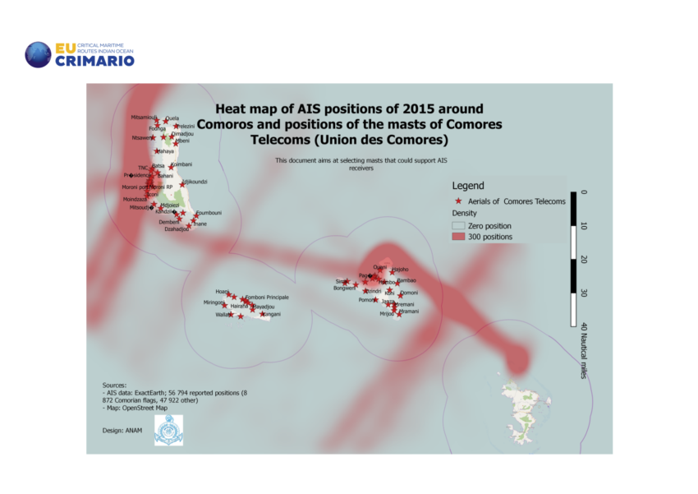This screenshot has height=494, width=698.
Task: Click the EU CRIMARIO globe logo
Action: pyautogui.click(x=38, y=54)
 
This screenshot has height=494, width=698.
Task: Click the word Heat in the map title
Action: pyautogui.click(x=230, y=108)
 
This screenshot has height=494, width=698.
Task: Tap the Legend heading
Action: pyautogui.click(x=468, y=186)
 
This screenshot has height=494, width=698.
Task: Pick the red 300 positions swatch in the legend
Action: pyautogui.click(x=458, y=237)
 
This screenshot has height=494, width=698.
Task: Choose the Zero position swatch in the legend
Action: pyautogui.click(x=458, y=225)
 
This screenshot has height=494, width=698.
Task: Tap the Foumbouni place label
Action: pyautogui.click(x=209, y=213)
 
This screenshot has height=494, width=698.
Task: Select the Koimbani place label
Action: pyautogui.click(x=181, y=164)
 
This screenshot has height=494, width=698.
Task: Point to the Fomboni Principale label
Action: pyautogui.click(x=267, y=297)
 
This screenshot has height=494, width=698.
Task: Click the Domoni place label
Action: pyautogui.click(x=409, y=293)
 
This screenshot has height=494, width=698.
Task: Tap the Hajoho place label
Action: pyautogui.click(x=400, y=270)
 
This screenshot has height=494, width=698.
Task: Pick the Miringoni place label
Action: pyautogui.click(x=214, y=303)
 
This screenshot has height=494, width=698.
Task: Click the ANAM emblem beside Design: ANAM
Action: pyautogui.click(x=168, y=430)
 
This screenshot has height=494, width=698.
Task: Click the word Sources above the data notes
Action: pyautogui.click(x=114, y=385)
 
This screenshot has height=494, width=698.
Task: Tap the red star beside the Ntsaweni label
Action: pyautogui.click(x=153, y=137)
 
